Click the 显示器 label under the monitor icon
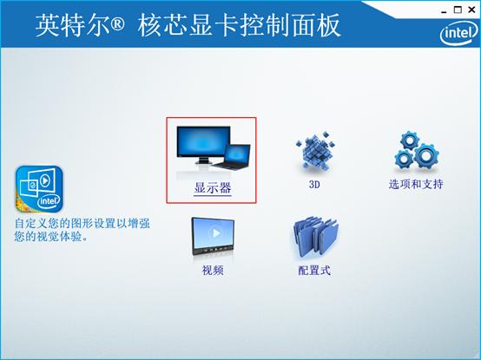(212, 187)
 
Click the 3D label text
(315, 185)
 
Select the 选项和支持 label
(416, 185)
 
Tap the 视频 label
(213, 271)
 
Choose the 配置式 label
(314, 271)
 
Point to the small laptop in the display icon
(237, 159)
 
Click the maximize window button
(458, 9)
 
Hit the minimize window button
(443, 9)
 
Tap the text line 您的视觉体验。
(53, 236)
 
